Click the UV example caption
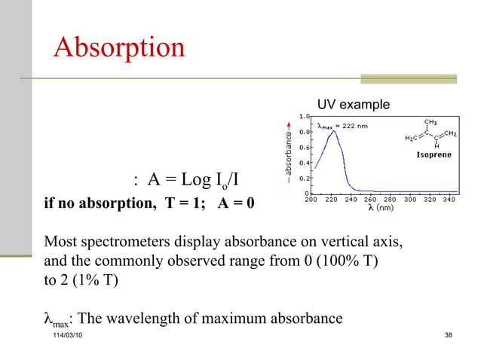[353, 104]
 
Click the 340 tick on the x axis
[449, 200]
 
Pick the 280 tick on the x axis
[391, 200]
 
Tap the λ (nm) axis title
[379, 209]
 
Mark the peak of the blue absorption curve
[328, 131]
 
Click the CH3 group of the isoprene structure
[432, 121]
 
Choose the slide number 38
[449, 334]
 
